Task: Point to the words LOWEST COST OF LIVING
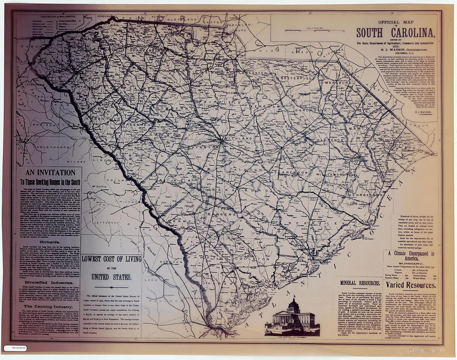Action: tap(111, 259)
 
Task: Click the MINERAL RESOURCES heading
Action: tap(360, 283)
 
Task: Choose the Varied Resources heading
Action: tap(411, 285)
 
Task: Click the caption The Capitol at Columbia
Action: tap(292, 338)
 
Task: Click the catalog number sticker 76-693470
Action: tap(15, 348)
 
